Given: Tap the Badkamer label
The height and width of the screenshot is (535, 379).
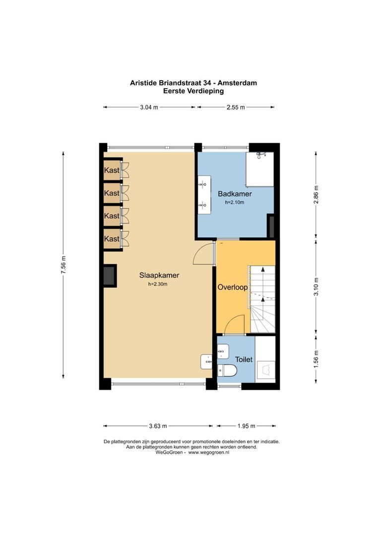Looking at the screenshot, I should point(235,194).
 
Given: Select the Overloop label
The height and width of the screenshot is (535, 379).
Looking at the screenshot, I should point(232,287).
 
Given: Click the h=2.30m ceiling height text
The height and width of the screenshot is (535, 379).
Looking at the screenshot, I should point(158,284).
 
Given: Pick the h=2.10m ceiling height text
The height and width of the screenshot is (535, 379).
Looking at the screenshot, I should point(235,203).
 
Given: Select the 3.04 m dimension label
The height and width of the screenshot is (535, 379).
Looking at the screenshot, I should point(149,107).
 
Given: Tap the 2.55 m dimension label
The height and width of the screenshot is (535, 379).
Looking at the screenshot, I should point(236,107).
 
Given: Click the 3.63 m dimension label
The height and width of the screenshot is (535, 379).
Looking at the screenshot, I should point(157,426).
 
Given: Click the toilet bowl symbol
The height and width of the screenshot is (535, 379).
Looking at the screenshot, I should point(227,370).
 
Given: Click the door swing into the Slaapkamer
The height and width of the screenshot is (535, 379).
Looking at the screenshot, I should point(202,254).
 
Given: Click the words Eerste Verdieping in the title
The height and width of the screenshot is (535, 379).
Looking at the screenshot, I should point(193,91).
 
